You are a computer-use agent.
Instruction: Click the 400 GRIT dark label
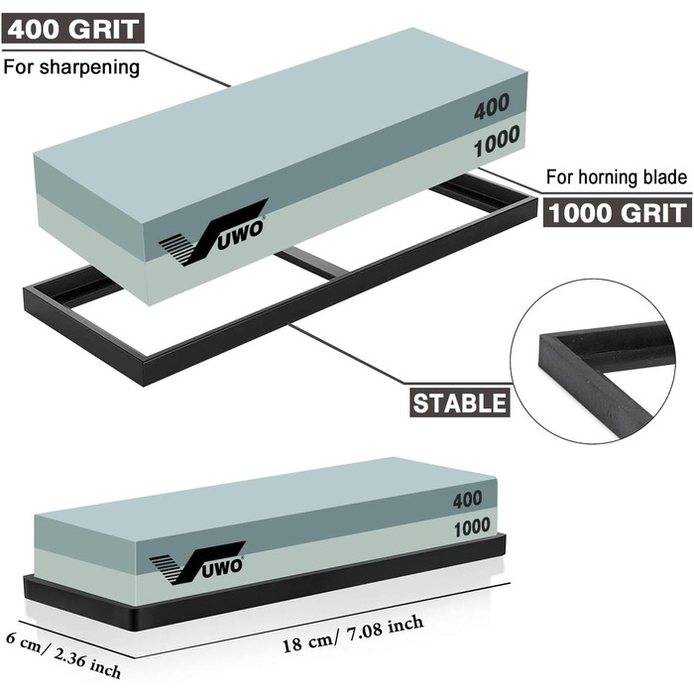[72, 30]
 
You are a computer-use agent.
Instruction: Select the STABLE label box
[459, 402]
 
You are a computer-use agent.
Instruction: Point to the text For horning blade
[617, 178]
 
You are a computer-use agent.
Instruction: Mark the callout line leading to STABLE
[347, 358]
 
